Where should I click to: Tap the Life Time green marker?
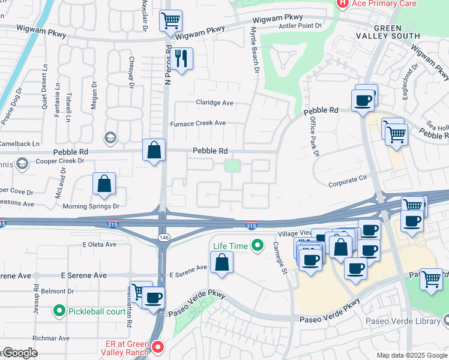(258, 245)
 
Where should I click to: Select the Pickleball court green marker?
(59, 311)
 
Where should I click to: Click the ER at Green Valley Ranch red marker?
(158, 347)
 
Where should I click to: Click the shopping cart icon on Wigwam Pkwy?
(170, 21)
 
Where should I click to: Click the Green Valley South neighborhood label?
(397, 32)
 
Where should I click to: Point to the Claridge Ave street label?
(214, 103)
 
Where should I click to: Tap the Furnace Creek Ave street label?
(197, 123)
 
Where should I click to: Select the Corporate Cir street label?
(347, 178)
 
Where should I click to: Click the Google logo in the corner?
(20, 353)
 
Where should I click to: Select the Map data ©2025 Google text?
(411, 355)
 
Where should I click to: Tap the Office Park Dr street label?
(314, 136)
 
